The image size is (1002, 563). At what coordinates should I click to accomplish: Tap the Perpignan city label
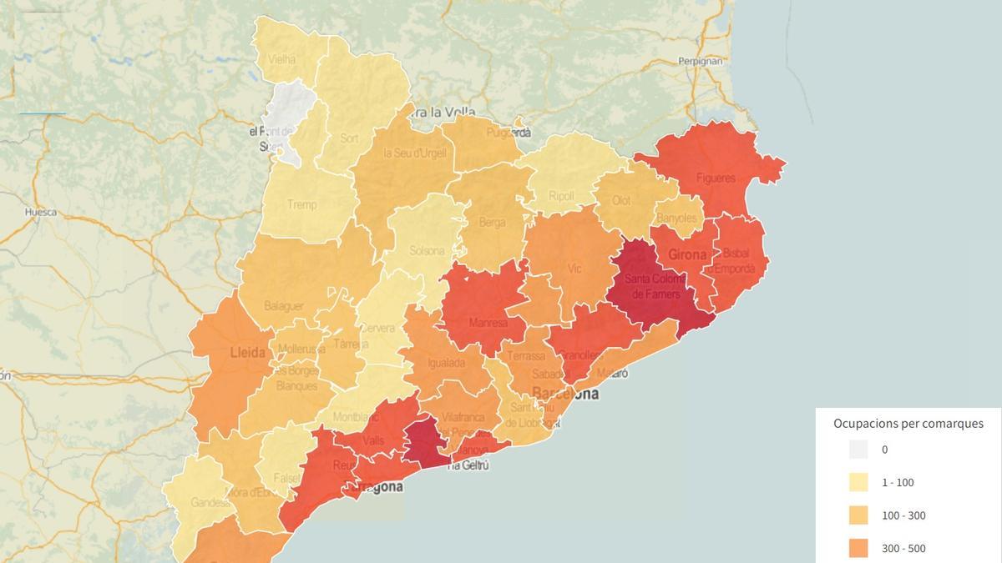coord(700,61)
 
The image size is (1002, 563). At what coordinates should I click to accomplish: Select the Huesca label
coord(41,212)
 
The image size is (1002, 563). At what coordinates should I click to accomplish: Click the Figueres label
coord(716,178)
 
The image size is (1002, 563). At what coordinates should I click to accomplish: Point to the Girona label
coord(687,254)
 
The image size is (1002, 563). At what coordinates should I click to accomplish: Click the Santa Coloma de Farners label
coord(655,286)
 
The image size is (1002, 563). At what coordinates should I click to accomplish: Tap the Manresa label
coord(488,323)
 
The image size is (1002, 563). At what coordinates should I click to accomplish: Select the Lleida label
coord(247,353)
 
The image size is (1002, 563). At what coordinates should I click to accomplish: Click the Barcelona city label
coord(566,393)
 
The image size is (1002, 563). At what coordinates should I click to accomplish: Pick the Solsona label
coord(428,250)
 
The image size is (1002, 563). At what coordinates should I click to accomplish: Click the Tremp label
coord(301,204)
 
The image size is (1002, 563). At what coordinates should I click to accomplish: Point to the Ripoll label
coord(561,196)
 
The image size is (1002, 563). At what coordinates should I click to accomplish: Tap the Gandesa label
coord(210,503)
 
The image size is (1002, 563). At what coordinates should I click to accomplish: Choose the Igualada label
coord(447,363)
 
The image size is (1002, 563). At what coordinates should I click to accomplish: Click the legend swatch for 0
coord(858,450)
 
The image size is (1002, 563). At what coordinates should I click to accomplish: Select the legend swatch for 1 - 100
coord(858,482)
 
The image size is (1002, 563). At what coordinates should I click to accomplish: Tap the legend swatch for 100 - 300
coord(858,515)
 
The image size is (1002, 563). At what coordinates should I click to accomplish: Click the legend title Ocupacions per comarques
coord(908,424)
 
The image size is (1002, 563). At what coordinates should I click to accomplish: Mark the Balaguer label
coord(284,306)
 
